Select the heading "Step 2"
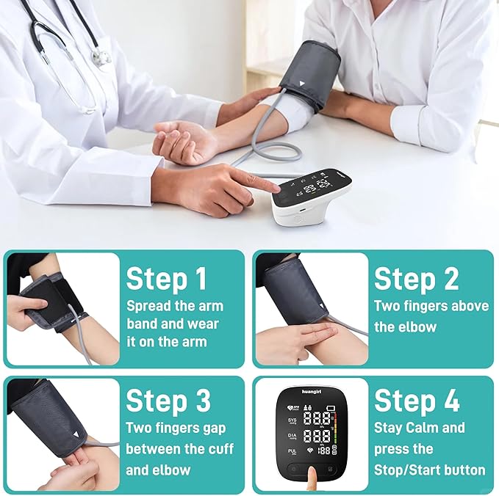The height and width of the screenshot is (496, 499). (417, 280)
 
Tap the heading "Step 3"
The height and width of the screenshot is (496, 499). (168, 401)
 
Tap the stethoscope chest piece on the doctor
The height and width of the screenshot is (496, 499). (101, 56)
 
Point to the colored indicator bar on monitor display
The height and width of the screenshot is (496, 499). (337, 431)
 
